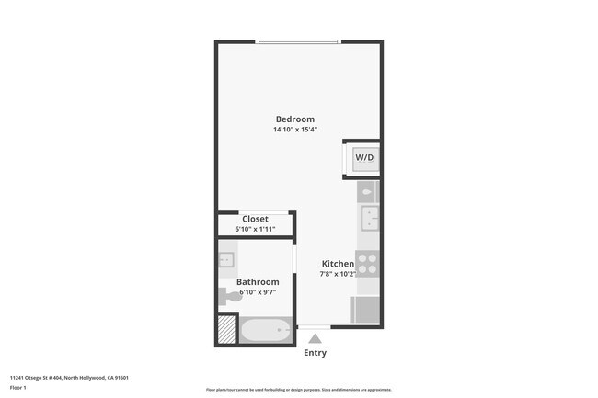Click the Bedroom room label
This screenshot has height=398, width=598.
pyautogui.click(x=295, y=119)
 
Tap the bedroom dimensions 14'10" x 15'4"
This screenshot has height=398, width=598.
pyautogui.click(x=295, y=131)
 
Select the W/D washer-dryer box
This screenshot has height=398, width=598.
pyautogui.click(x=364, y=158)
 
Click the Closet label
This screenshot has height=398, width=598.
pyautogui.click(x=255, y=219)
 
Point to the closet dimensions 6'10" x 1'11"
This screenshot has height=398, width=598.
pyautogui.click(x=255, y=229)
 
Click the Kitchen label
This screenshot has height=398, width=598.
pyautogui.click(x=338, y=264)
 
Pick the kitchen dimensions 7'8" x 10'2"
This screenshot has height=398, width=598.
pyautogui.click(x=338, y=274)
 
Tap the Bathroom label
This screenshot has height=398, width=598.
pyautogui.click(x=258, y=282)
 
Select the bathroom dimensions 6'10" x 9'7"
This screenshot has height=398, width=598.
pyautogui.click(x=258, y=292)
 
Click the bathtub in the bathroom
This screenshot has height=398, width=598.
pyautogui.click(x=266, y=329)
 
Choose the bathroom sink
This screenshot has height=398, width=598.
pyautogui.click(x=226, y=261)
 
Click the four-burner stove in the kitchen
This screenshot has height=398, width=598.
pyautogui.click(x=368, y=264)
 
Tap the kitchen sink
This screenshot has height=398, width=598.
pyautogui.click(x=370, y=219)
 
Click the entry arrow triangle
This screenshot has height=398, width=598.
pyautogui.click(x=315, y=338)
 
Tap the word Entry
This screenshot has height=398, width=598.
pyautogui.click(x=315, y=353)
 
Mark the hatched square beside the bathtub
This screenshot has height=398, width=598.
pyautogui.click(x=226, y=329)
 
